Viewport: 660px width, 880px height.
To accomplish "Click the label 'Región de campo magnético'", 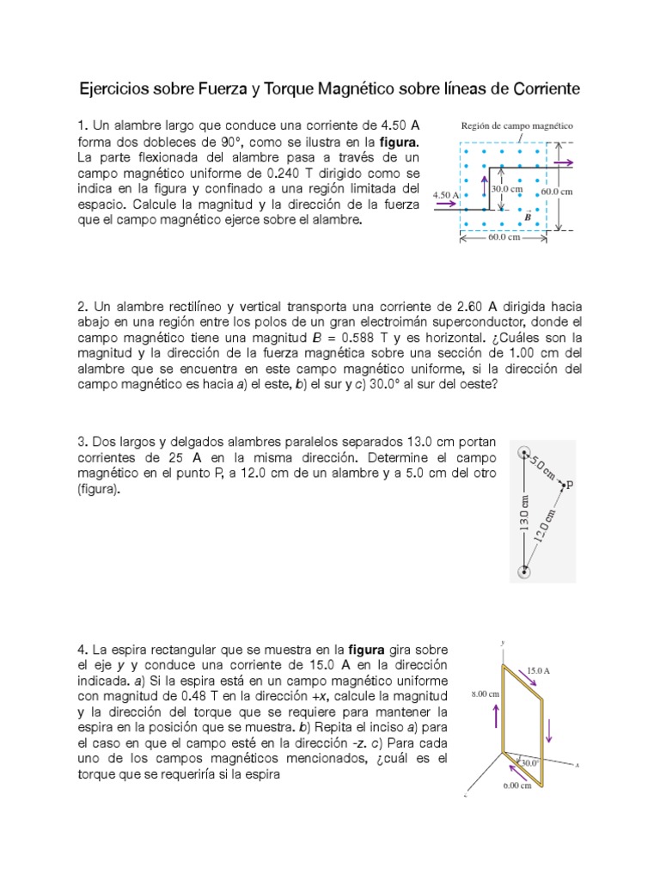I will (x=517, y=125).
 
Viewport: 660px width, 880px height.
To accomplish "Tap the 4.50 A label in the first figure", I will (x=446, y=195).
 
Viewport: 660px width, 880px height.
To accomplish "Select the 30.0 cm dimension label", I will (x=507, y=188).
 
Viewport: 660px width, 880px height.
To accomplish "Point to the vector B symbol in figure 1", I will (x=528, y=218).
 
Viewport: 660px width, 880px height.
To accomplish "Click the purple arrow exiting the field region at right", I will (x=565, y=161).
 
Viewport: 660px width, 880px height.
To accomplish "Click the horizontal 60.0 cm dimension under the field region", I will (x=504, y=237).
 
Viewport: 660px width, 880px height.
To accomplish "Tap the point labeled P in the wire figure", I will (x=568, y=486).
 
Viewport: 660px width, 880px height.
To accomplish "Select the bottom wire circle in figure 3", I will (x=523, y=571).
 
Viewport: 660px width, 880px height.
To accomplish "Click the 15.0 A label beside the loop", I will (x=538, y=669).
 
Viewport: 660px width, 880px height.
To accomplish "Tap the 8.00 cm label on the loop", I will (x=475, y=690).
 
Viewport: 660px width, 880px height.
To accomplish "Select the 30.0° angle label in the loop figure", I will (x=528, y=762).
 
